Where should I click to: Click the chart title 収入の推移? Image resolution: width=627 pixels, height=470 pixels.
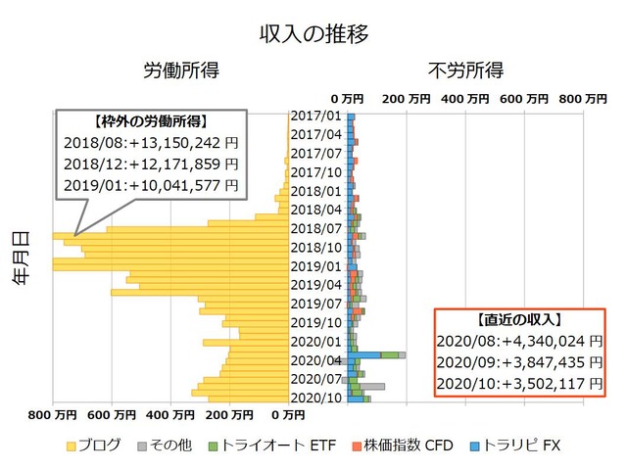[313, 34]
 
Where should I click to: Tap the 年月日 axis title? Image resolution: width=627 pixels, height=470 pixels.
[21, 257]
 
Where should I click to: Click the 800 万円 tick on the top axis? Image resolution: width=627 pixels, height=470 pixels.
[583, 98]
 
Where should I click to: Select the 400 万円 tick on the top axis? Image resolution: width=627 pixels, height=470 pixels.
[464, 98]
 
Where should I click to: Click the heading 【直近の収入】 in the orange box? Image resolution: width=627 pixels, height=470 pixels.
[515, 320]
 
